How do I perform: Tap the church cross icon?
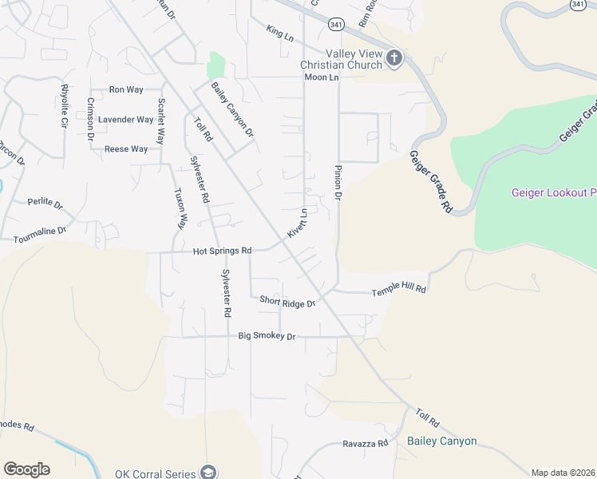pyautogui.click(x=393, y=58)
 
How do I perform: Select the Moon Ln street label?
pyautogui.click(x=322, y=77)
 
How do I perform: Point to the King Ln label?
pyautogui.click(x=280, y=33)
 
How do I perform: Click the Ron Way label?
pyautogui.click(x=126, y=90)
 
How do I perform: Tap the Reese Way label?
pyautogui.click(x=126, y=149)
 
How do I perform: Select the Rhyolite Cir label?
pyautogui.click(x=63, y=106)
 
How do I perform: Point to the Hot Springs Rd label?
pyautogui.click(x=222, y=251)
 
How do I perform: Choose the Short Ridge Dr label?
pyautogui.click(x=287, y=301)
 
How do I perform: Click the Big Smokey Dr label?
pyautogui.click(x=267, y=337)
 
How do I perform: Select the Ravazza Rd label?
pyautogui.click(x=365, y=443)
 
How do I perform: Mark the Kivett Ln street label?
pyautogui.click(x=298, y=224)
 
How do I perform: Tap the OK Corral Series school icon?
pyautogui.click(x=209, y=473)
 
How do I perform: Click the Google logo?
pyautogui.click(x=26, y=469)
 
